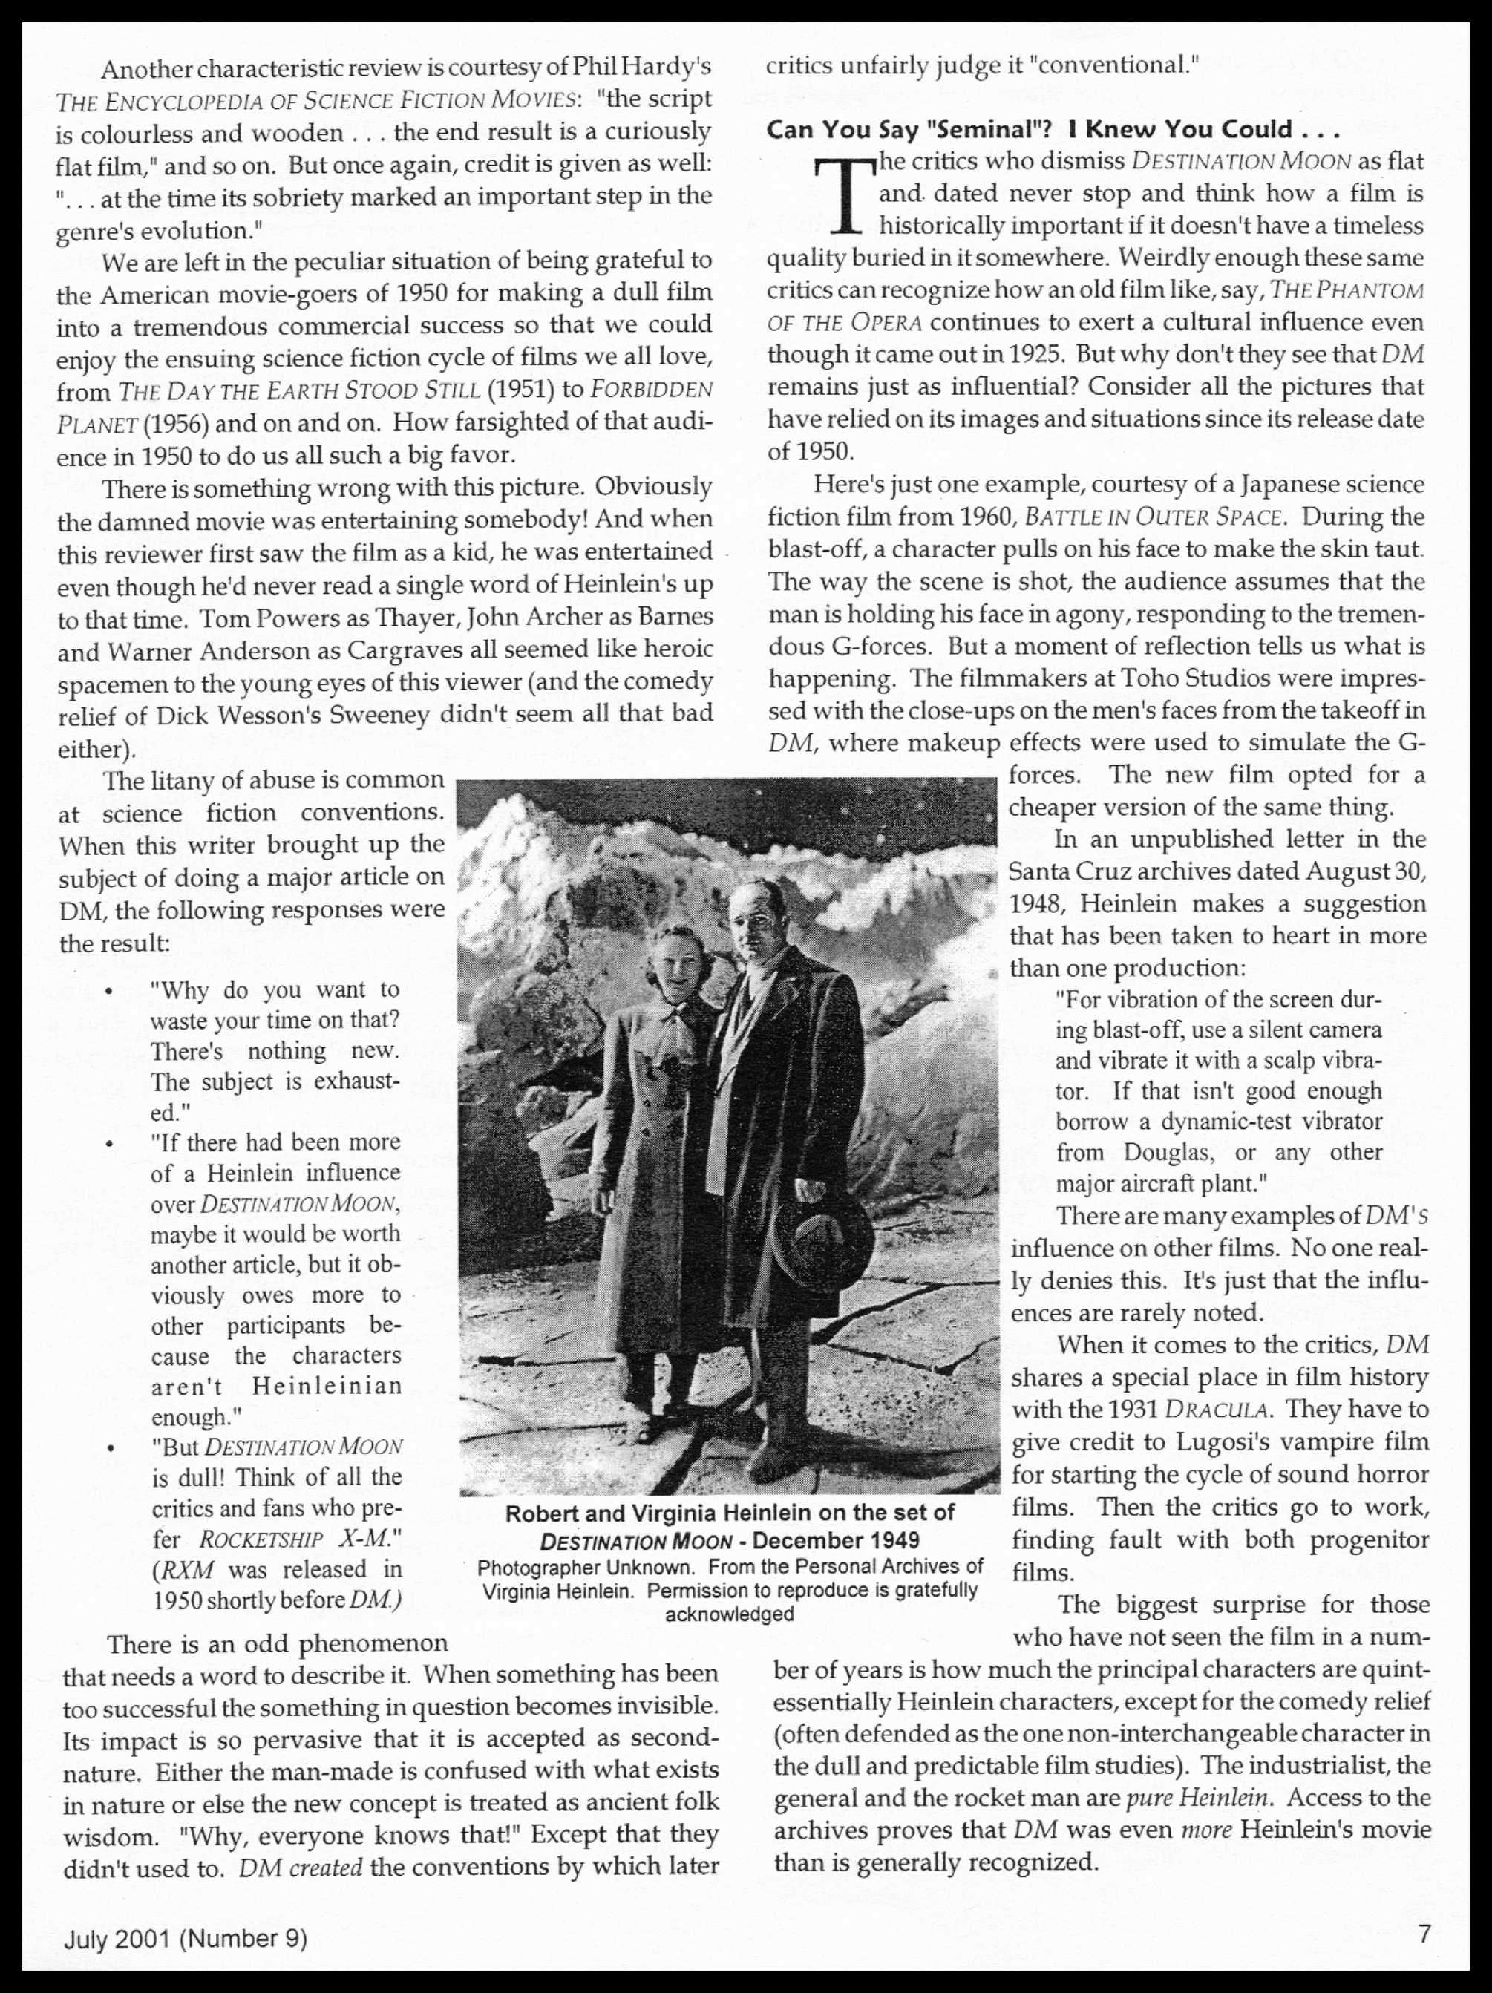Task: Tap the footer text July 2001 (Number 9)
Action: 185,1938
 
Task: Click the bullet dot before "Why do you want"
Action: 109,992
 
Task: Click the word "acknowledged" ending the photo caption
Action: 729,1614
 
